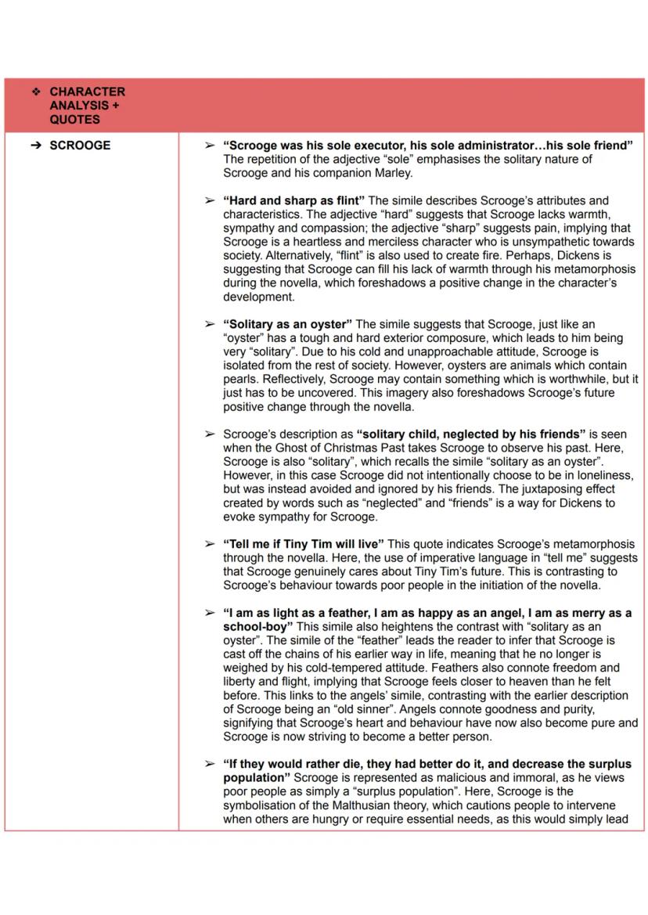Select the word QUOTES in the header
tap(74, 120)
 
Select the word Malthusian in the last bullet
tap(387, 805)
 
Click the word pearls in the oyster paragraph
tap(240, 378)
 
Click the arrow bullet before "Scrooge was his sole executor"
tap(208, 146)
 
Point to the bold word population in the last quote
tap(256, 777)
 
